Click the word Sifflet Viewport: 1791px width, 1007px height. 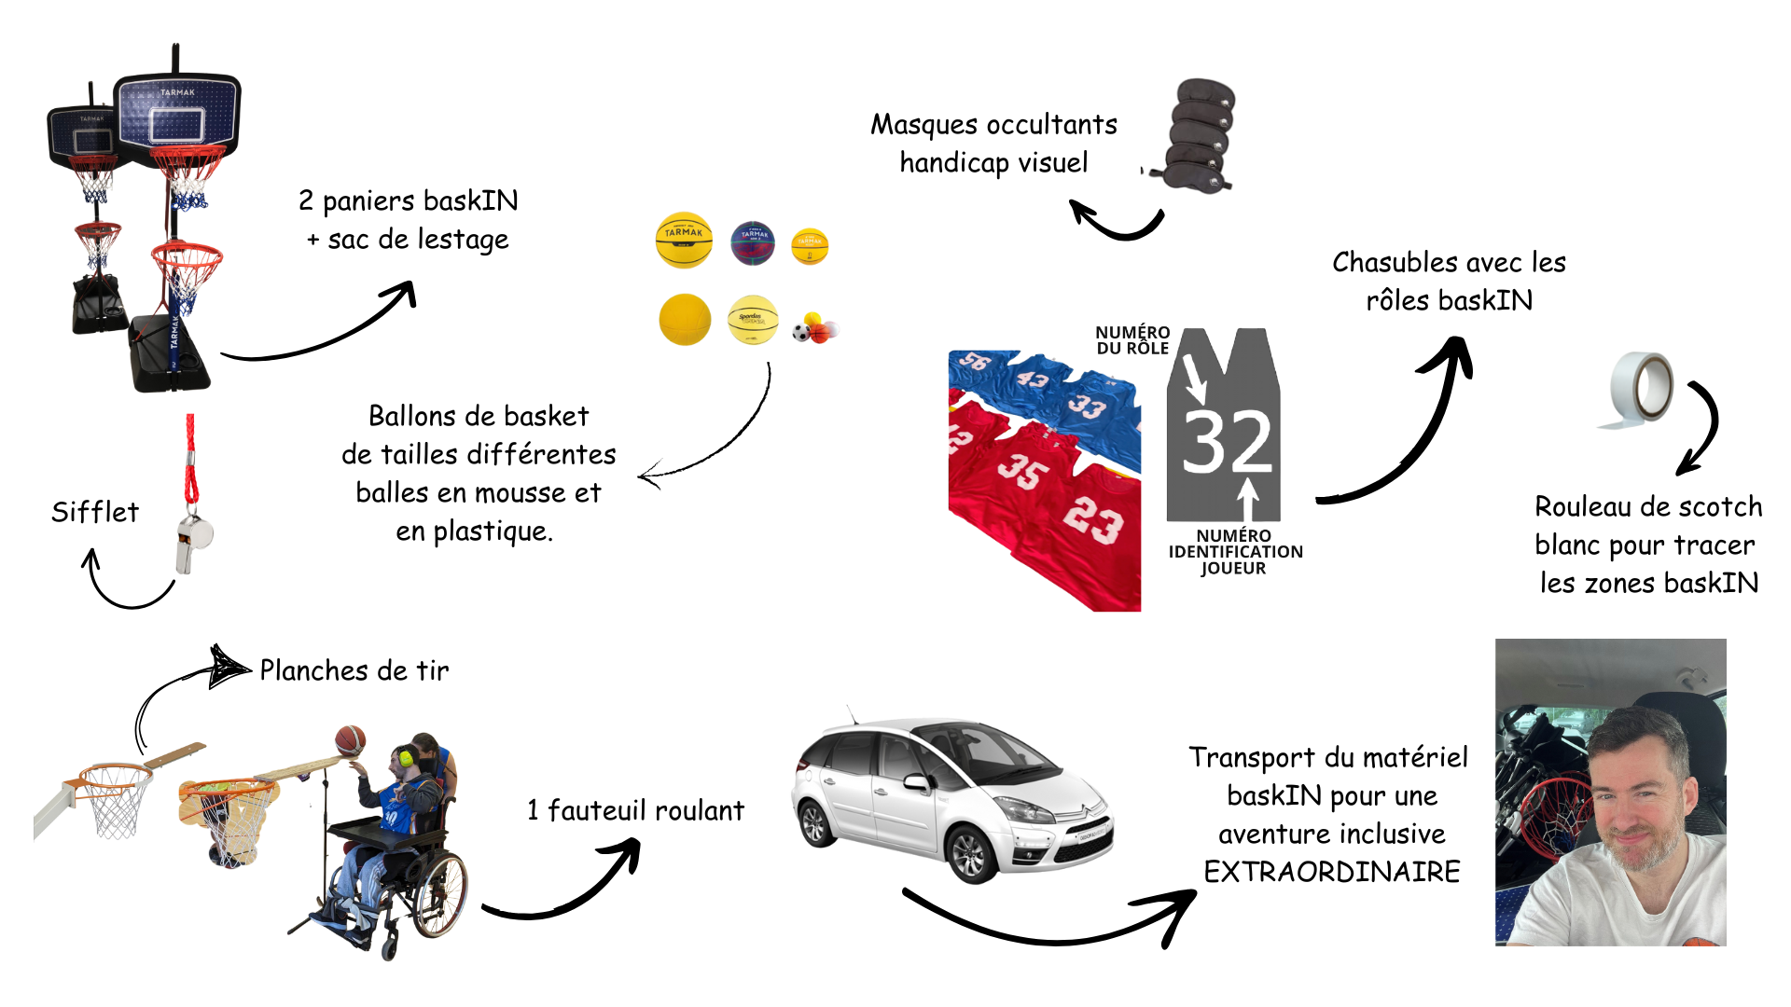pyautogui.click(x=95, y=512)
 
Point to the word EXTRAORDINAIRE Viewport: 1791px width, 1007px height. pyautogui.click(x=1331, y=872)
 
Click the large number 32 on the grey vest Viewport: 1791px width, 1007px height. pyautogui.click(x=1228, y=441)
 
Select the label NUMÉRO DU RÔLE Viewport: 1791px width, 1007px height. pyautogui.click(x=1132, y=340)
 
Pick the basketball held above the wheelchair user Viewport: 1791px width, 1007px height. pyautogui.click(x=351, y=741)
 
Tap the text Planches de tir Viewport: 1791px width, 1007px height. pyautogui.click(x=354, y=670)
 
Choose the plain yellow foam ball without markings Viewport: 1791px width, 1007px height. pyautogui.click(x=685, y=320)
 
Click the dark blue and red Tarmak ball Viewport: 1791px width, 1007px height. pyautogui.click(x=753, y=243)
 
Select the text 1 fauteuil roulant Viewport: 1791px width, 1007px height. pyautogui.click(x=635, y=810)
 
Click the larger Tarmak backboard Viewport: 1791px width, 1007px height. pyautogui.click(x=177, y=112)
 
